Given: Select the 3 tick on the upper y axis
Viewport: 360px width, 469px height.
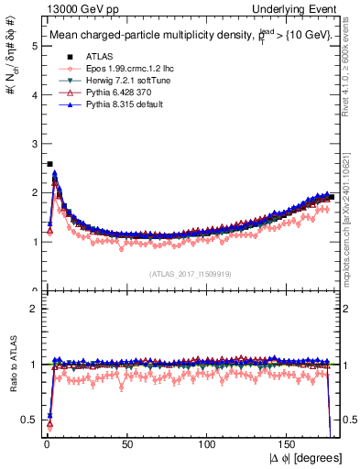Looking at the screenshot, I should pyautogui.click(x=33, y=144).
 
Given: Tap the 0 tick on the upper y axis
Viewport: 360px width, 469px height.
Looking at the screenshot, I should pyautogui.click(x=33, y=290).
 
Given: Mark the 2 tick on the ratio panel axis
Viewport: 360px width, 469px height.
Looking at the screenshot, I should pyautogui.click(x=33, y=308).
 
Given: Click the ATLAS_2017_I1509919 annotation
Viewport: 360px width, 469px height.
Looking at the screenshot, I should pyautogui.click(x=190, y=273).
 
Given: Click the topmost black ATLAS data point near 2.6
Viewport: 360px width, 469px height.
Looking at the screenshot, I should pyautogui.click(x=49, y=164).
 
